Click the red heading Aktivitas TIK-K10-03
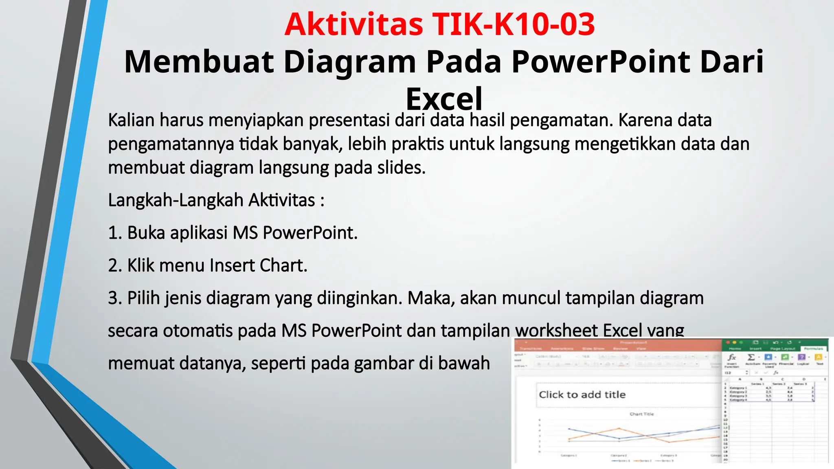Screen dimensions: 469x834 click(439, 24)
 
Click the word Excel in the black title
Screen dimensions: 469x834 click(444, 99)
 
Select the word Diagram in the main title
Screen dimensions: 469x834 click(349, 61)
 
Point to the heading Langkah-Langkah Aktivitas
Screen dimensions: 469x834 click(216, 200)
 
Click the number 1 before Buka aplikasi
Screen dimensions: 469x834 click(113, 233)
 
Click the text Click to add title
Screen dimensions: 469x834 click(582, 394)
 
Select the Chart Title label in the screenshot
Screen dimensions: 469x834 click(641, 414)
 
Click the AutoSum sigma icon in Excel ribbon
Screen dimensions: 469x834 click(751, 357)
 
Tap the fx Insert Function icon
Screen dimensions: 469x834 click(732, 357)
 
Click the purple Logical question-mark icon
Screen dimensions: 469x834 click(801, 357)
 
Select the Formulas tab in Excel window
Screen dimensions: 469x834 click(813, 348)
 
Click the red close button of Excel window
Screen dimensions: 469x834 click(728, 343)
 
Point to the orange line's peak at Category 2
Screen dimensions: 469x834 click(619, 428)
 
